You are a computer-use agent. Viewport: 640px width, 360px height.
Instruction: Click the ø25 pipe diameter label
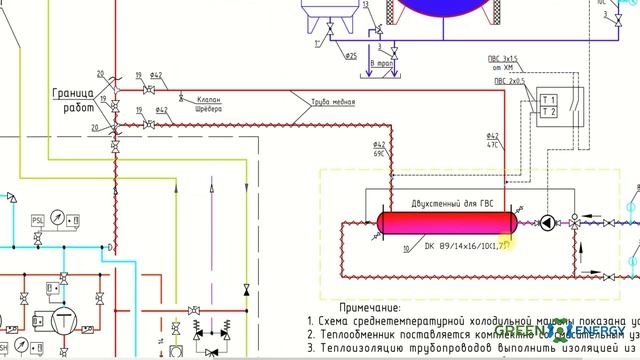351,56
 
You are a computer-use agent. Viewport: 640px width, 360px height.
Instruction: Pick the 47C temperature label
492,145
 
